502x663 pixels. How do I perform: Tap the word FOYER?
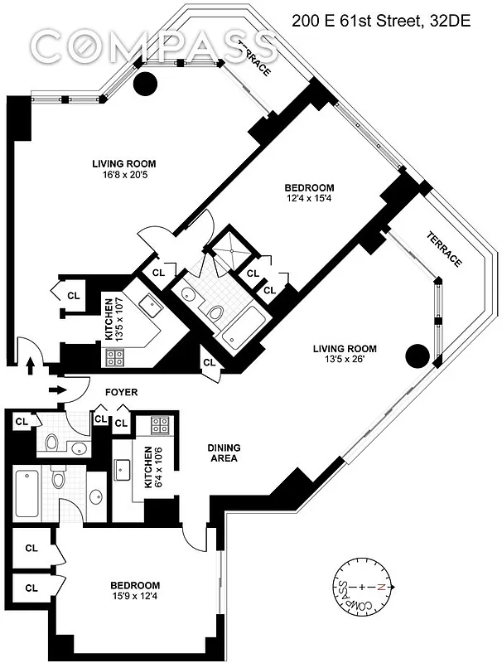[121, 392]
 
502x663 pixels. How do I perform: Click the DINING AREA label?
[223, 452]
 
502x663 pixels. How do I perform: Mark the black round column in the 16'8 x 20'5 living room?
[146, 83]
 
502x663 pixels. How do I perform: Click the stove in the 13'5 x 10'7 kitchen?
[113, 357]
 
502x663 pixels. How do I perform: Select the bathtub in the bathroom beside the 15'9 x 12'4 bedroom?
[25, 492]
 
